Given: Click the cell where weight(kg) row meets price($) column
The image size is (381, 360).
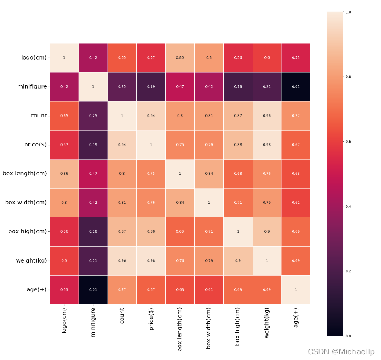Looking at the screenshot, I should [151, 260].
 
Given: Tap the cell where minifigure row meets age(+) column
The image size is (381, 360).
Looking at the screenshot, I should [296, 86].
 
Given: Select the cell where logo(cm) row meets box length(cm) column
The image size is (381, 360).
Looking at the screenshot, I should [180, 57].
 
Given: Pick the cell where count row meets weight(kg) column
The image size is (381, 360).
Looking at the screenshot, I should [267, 116].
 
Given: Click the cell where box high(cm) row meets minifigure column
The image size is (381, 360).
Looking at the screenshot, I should [93, 231].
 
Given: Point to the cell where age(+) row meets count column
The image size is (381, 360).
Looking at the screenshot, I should [122, 289].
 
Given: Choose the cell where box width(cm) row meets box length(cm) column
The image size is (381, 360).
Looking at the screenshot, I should [180, 203].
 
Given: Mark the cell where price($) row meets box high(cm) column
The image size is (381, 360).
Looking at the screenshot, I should [238, 145].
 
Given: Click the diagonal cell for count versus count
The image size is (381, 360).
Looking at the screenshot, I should [122, 116].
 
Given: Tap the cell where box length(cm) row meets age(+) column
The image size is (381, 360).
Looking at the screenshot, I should [296, 174].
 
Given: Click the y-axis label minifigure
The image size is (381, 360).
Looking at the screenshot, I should [32, 86].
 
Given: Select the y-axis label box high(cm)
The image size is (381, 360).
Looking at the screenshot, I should [28, 231].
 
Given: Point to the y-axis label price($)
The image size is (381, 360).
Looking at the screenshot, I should [35, 145].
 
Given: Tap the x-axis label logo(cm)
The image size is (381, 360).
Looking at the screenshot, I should [64, 320].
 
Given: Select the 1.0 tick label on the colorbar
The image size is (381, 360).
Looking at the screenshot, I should [348, 12].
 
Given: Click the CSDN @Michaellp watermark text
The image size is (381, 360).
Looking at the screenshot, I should [341, 352].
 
